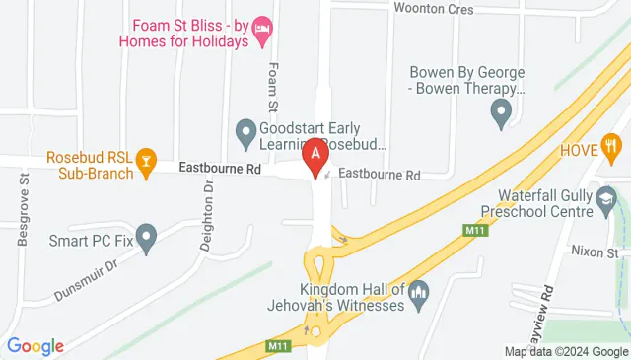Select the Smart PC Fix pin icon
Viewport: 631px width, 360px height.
146,237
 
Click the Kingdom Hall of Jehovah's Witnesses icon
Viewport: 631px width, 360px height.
419,292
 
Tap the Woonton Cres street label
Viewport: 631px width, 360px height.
460,10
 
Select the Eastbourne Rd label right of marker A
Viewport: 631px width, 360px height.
380,176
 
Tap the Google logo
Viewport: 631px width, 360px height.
35,346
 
